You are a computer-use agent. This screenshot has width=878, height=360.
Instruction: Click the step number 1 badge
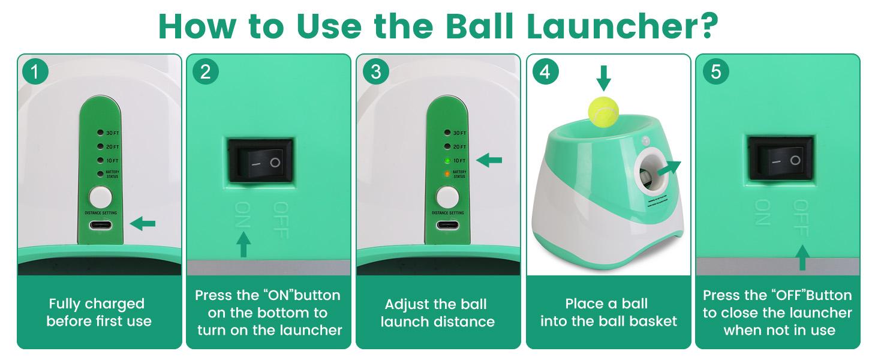coord(35,72)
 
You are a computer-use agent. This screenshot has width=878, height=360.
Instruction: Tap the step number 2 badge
coord(206,72)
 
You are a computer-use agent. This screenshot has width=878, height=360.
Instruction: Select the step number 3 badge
coord(376,72)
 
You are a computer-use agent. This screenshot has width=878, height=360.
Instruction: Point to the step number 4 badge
coord(545,72)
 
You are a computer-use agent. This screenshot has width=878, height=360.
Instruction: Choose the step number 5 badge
coord(715,72)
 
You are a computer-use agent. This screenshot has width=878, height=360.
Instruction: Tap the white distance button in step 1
coord(100,197)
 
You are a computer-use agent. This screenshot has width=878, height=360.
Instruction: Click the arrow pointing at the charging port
coord(143,224)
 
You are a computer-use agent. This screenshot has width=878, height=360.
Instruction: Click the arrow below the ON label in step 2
coord(243,244)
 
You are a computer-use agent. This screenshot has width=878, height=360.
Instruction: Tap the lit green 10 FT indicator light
coord(447,161)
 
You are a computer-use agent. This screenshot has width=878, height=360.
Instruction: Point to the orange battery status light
coord(447,174)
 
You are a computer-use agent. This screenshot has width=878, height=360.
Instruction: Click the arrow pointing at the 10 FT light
coord(489,160)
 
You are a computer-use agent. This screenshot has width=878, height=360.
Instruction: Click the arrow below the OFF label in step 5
coord(802,256)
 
